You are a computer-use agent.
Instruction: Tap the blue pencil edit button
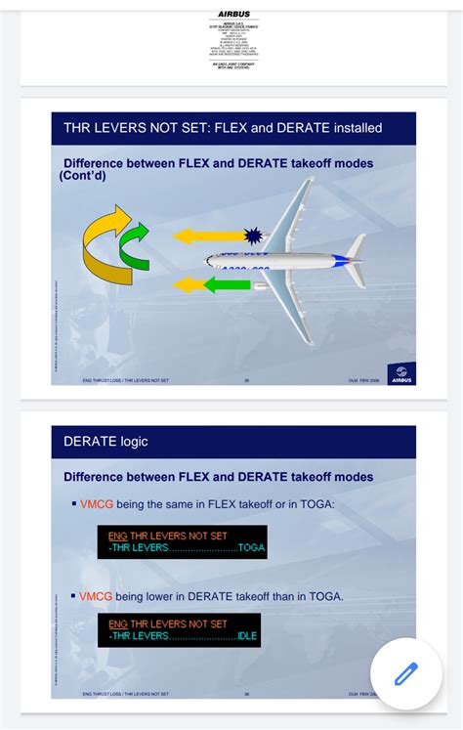[x=405, y=673]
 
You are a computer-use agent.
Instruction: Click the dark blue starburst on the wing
[x=254, y=236]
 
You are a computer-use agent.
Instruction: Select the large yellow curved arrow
[x=104, y=244]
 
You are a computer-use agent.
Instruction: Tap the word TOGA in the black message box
[x=251, y=547]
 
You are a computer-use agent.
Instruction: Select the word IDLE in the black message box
[x=248, y=636]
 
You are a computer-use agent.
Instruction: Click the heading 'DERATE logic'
[x=106, y=441]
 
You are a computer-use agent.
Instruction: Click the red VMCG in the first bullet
[x=98, y=503]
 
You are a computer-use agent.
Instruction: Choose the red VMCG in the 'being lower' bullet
[x=98, y=595]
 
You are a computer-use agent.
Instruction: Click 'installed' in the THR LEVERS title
[x=350, y=128]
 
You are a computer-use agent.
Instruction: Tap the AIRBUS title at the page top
[x=233, y=14]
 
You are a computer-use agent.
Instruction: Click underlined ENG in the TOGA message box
[x=118, y=535]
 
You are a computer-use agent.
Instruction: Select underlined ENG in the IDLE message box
[x=118, y=623]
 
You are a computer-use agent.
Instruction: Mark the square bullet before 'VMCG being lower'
[x=73, y=595]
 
